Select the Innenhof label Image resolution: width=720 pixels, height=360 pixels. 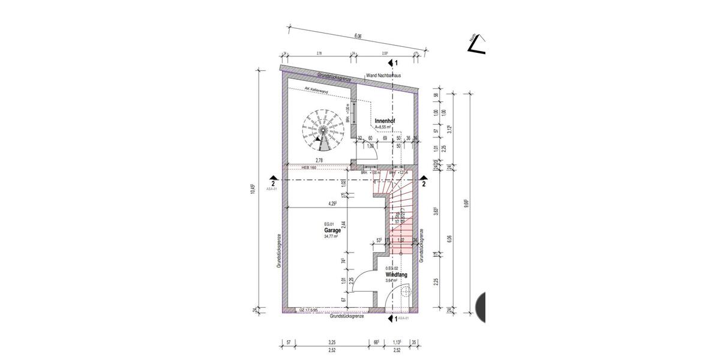click(385, 121)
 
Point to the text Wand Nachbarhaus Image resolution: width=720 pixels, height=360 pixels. click(383, 76)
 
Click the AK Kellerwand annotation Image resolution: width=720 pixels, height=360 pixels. click(316, 91)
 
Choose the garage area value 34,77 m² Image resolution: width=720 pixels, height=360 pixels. click(331, 236)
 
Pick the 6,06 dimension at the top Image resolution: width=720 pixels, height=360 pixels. click(358, 37)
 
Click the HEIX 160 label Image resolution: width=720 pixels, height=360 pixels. click(308, 167)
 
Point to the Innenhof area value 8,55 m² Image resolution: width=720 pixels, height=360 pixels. click(383, 127)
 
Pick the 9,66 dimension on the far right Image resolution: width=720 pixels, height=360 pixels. click(466, 203)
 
